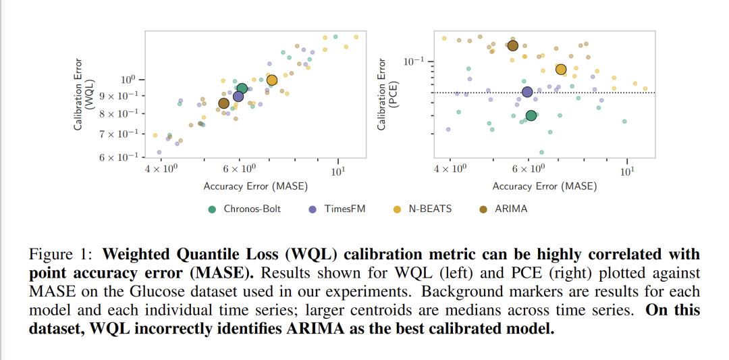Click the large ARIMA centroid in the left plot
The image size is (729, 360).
coord(223,103)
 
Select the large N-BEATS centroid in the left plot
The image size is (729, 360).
coord(272,80)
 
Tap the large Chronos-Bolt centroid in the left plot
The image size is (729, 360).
coord(242,88)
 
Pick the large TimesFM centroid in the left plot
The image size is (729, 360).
coord(238,97)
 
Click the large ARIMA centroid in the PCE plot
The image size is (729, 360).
coord(512,45)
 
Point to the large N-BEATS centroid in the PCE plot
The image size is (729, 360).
coord(561,69)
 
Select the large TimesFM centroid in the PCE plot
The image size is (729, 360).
coord(527,92)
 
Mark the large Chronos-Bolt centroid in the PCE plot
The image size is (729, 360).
coord(531,115)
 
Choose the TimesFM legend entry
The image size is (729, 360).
coord(337,209)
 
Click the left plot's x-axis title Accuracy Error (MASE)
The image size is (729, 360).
coord(256,186)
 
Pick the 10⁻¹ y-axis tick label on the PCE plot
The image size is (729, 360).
coord(414,62)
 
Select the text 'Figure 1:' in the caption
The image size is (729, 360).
coord(61,255)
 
